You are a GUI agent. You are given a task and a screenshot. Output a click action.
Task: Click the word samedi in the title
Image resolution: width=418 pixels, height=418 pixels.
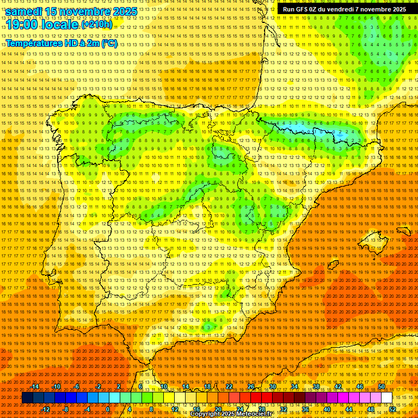[x=27, y=11]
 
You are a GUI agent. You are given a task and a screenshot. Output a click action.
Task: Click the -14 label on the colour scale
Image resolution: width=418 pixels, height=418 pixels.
[x=35, y=386]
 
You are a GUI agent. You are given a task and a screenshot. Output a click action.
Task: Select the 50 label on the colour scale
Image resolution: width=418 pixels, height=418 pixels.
[x=382, y=386]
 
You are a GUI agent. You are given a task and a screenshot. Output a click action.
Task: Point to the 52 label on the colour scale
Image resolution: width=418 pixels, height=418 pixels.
[x=392, y=409]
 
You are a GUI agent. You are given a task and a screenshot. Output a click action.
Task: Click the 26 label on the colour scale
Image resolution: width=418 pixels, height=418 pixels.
[x=251, y=386]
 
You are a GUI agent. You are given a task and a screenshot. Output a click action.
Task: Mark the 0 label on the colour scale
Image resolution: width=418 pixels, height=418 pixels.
[x=108, y=409]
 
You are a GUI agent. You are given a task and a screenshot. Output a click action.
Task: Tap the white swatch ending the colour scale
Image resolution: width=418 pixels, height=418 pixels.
[x=386, y=398]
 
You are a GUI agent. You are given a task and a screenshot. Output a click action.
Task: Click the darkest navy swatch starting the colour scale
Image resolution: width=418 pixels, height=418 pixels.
[x=28, y=398]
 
